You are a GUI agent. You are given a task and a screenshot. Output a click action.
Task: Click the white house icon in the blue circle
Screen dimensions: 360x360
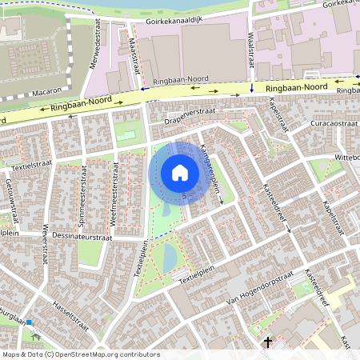180,173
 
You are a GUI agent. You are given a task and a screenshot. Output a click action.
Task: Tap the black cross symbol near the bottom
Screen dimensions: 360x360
268,342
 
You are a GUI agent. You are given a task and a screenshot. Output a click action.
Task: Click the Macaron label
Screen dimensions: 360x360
47,92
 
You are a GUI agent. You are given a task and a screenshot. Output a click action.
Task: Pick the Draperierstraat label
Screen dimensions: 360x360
189,114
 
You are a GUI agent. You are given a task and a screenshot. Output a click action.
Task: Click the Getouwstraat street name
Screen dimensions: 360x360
10,194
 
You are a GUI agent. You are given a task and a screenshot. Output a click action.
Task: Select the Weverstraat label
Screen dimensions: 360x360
45,240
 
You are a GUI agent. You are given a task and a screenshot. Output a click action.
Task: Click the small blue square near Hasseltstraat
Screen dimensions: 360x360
29,322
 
